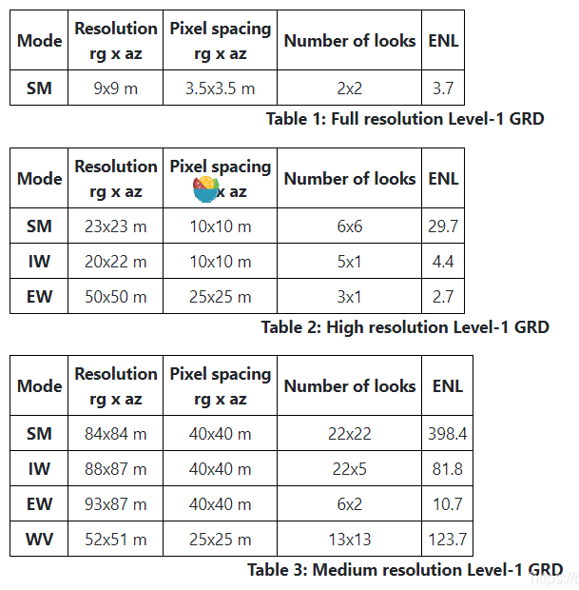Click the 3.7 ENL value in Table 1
[x=443, y=90]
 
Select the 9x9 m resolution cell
[x=115, y=90]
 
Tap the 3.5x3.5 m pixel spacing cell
[x=221, y=90]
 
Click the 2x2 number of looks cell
[x=350, y=90]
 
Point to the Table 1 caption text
[x=405, y=119]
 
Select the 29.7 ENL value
[x=443, y=226]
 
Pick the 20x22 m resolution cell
[x=115, y=262]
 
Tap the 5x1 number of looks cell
[x=350, y=262]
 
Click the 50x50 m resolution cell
[x=115, y=297]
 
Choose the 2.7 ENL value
[x=443, y=297]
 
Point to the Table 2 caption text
[x=405, y=327]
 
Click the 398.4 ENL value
[x=447, y=434]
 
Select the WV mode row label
[x=39, y=540]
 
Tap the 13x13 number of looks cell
[x=350, y=540]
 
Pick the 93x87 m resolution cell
[x=115, y=504]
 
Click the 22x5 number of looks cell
[x=350, y=469]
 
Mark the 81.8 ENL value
[x=447, y=469]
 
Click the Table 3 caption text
[x=405, y=570]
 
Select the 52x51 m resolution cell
[x=115, y=540]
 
